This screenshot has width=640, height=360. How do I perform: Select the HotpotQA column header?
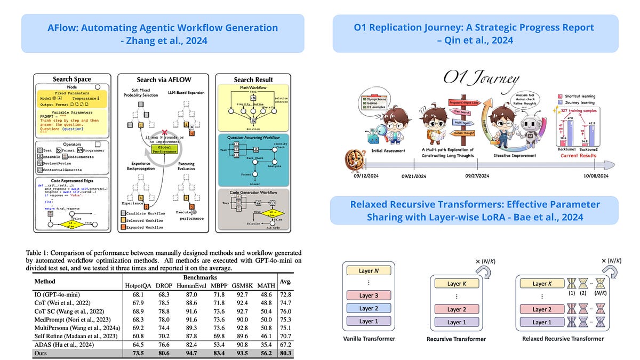(138, 285)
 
